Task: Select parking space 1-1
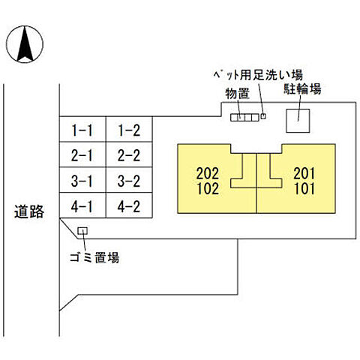pyautogui.click(x=82, y=131)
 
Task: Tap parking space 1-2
pyautogui.click(x=129, y=131)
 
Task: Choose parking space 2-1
pyautogui.click(x=82, y=156)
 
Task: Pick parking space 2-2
pyautogui.click(x=129, y=156)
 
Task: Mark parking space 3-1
pyautogui.click(x=82, y=181)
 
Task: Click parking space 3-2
pyautogui.click(x=129, y=181)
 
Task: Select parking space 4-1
pyautogui.click(x=82, y=205)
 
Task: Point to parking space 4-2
pyautogui.click(x=129, y=205)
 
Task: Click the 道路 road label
pyautogui.click(x=29, y=212)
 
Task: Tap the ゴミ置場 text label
pyautogui.click(x=90, y=259)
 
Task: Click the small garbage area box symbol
pyautogui.click(x=82, y=231)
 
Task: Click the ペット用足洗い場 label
pyautogui.click(x=255, y=74)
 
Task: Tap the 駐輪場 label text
pyautogui.click(x=302, y=90)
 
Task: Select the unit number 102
pyautogui.click(x=207, y=189)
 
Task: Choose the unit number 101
pyautogui.click(x=304, y=189)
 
